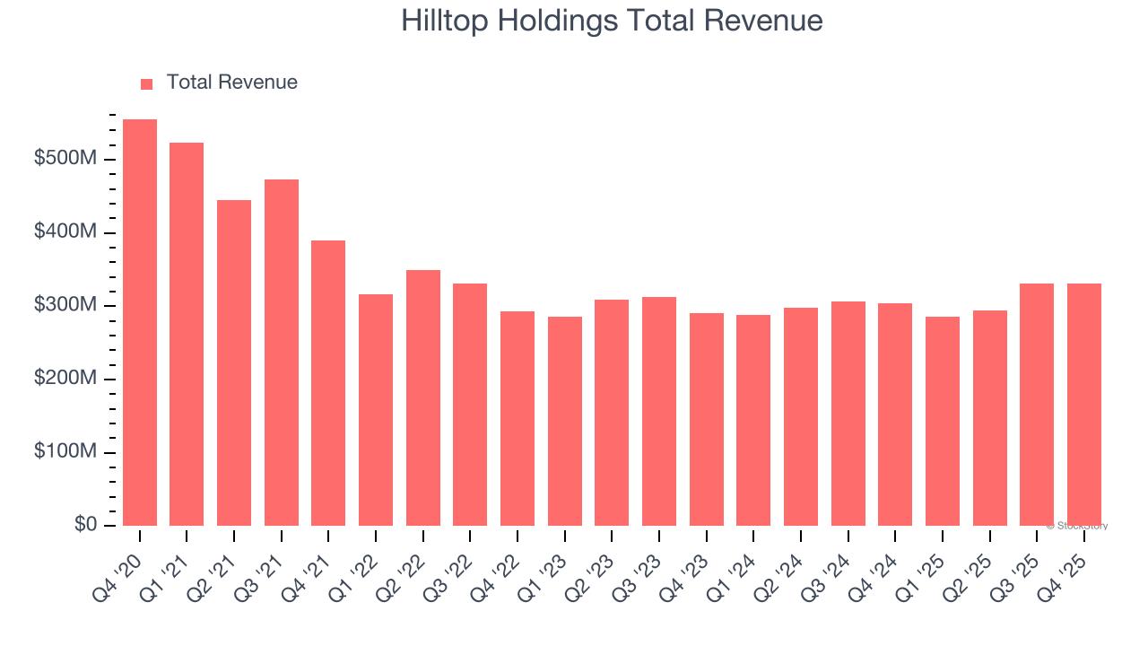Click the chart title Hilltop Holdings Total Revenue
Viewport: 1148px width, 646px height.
[612, 21]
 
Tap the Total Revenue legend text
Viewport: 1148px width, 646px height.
[231, 83]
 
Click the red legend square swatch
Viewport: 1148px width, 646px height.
[147, 83]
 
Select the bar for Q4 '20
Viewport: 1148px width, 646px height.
[140, 322]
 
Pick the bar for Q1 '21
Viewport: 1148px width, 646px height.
[187, 334]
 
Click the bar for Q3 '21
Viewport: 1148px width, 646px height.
[282, 353]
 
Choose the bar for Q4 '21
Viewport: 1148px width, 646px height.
[328, 383]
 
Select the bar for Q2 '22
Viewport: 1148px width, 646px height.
[423, 397]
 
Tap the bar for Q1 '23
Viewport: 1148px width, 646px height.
[565, 421]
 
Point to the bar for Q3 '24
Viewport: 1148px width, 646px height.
[848, 414]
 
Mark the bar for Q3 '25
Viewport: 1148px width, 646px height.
[1037, 405]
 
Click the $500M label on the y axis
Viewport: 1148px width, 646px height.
[65, 159]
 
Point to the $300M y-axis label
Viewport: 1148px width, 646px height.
[65, 305]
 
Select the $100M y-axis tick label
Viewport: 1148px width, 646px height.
[65, 451]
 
